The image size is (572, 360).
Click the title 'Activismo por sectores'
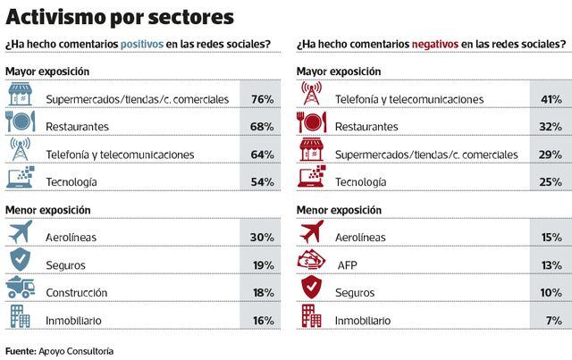(x=121, y=17)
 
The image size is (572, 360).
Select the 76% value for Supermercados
(x=263, y=98)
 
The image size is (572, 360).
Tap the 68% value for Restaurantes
(x=263, y=126)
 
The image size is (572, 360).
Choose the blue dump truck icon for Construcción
(x=21, y=290)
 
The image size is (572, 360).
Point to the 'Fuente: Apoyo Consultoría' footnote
(x=59, y=349)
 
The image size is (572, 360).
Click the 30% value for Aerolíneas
(x=263, y=236)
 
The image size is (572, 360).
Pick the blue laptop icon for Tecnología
(x=21, y=180)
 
